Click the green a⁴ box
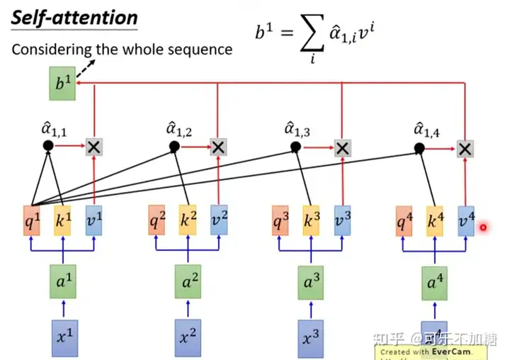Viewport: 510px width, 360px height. pos(433,283)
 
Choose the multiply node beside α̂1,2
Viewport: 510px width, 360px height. pos(218,147)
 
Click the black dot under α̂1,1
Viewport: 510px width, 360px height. pos(47,146)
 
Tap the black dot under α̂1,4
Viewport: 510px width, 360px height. pos(419,148)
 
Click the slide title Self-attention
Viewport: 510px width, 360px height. pos(74,18)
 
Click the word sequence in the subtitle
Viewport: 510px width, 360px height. pos(207,50)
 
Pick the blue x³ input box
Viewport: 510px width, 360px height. pos(310,334)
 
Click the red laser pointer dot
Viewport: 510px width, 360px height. pos(484,227)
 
